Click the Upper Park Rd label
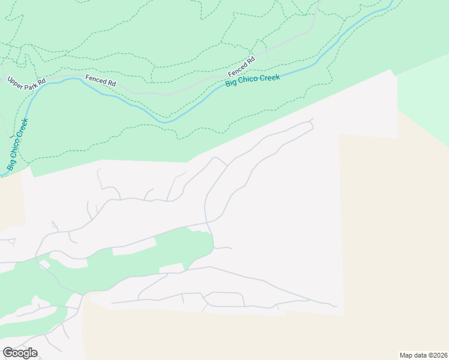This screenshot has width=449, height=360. [26, 80]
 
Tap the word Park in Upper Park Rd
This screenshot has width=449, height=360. [28, 81]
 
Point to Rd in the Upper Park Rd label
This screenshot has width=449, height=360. [41, 83]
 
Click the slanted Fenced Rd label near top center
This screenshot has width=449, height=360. [241, 66]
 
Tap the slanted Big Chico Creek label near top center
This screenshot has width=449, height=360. [253, 80]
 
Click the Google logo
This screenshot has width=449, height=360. [20, 353]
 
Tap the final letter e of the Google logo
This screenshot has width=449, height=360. [34, 353]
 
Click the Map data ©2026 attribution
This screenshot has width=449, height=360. [424, 355]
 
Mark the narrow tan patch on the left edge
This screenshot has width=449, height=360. [11, 201]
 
